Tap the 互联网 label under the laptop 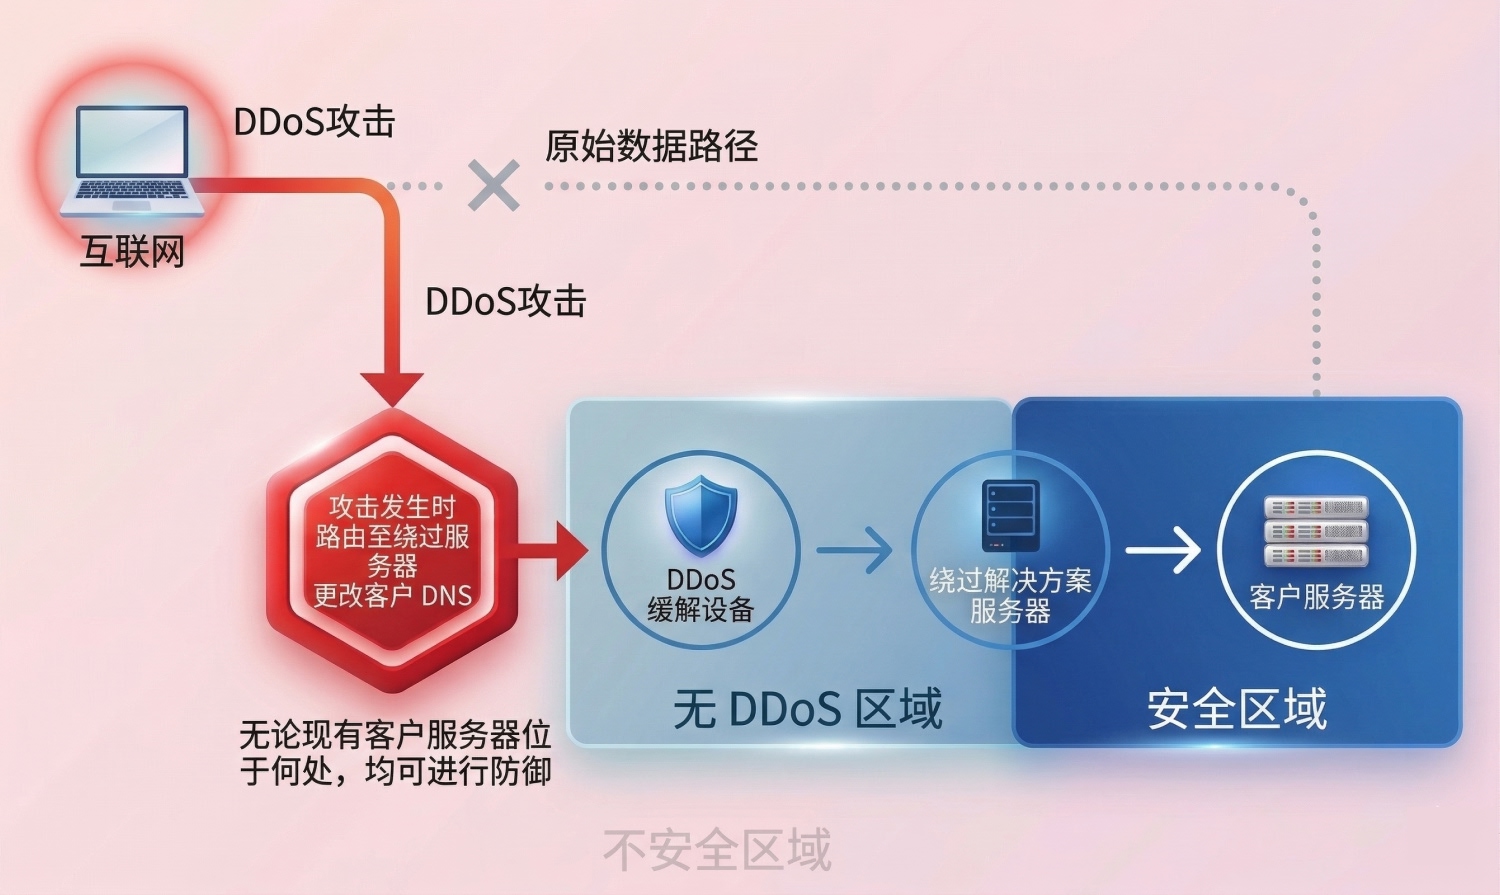tap(133, 251)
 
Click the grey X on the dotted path tap(494, 185)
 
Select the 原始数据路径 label tap(651, 146)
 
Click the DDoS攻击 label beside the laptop tap(314, 122)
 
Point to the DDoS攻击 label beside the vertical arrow tap(505, 302)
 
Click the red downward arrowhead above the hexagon tap(392, 388)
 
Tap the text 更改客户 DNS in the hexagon tap(392, 596)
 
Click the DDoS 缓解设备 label tap(701, 595)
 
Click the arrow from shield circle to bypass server tap(855, 551)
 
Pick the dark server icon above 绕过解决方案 tap(1010, 515)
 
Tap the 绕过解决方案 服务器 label tap(1010, 595)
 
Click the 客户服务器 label tap(1316, 598)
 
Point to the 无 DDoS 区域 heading tap(808, 709)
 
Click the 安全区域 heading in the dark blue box tap(1237, 709)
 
